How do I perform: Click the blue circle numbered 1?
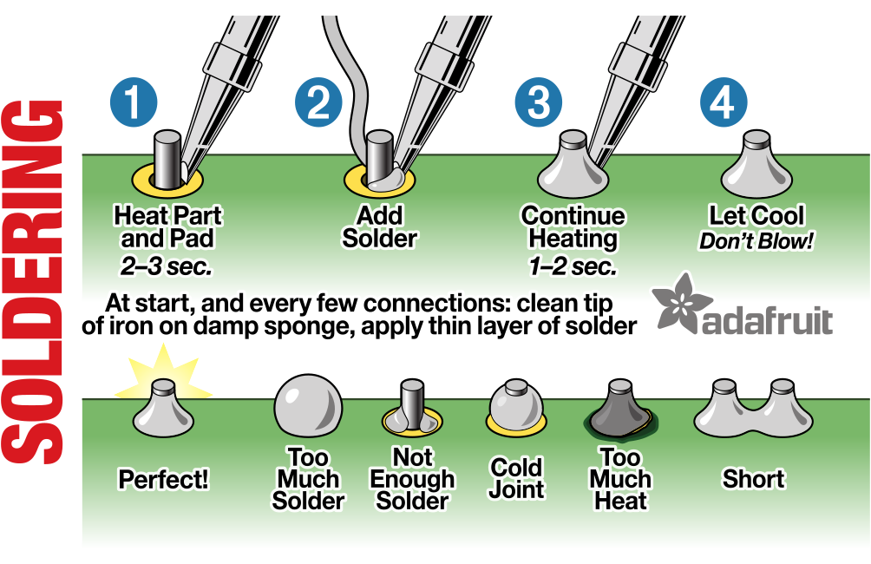pyautogui.click(x=134, y=103)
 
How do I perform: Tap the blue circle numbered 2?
pyautogui.click(x=318, y=103)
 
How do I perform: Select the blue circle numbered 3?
pyautogui.click(x=539, y=103)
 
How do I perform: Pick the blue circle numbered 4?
pyautogui.click(x=723, y=103)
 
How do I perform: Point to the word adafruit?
pyautogui.click(x=768, y=320)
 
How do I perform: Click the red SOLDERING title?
pyautogui.click(x=38, y=282)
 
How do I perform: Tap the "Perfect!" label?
pyautogui.click(x=164, y=479)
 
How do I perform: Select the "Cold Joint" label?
pyautogui.click(x=516, y=479)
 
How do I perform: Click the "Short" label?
pyautogui.click(x=753, y=479)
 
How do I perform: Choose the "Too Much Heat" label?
pyautogui.click(x=620, y=479)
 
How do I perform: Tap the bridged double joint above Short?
pyautogui.click(x=753, y=412)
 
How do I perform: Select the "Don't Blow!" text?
pyautogui.click(x=756, y=241)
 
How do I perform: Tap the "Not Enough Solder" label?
pyautogui.click(x=413, y=479)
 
